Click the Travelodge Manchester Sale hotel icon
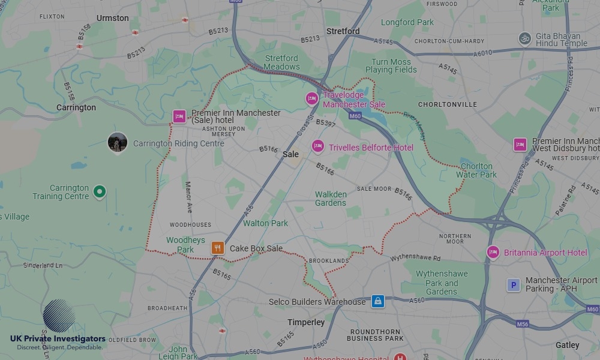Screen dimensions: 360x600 tap(311, 98)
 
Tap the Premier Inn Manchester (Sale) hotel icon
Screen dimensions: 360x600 tap(179, 116)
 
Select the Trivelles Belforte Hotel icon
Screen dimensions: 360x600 tap(318, 146)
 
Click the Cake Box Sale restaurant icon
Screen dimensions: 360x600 tap(218, 247)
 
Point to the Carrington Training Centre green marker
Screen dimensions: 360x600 tap(100, 192)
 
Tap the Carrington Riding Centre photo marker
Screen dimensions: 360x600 tap(117, 142)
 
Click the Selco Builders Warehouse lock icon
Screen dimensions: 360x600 tap(377, 301)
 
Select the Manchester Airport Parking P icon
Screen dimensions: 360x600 tap(514, 285)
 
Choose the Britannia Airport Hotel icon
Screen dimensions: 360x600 tap(493, 252)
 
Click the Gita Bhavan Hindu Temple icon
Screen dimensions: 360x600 tap(525, 39)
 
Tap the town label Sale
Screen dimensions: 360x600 tap(290, 154)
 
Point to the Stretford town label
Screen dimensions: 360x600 tap(343, 31)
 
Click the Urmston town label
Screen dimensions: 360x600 tap(113, 18)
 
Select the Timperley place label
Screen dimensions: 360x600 tap(306, 322)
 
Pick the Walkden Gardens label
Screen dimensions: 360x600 tap(331, 199)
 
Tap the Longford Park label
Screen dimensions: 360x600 tap(407, 23)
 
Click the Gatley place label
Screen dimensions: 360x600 tap(567, 345)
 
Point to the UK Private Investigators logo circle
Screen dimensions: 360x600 tap(59, 316)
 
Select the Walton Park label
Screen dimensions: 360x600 tap(265, 223)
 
